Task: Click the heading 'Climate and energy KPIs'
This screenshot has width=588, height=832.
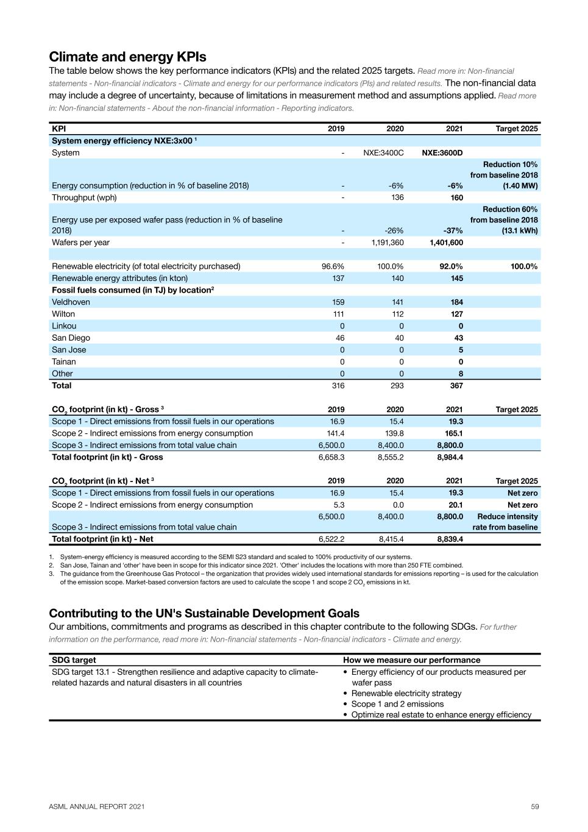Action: coord(127,57)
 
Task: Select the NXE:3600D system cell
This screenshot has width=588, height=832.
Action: coord(442,153)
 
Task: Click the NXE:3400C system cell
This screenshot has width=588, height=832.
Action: coord(383,153)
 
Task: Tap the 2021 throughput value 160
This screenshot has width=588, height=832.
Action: coord(456,197)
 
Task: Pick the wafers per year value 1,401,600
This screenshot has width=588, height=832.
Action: coord(446,243)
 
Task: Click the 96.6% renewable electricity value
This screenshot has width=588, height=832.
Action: coord(333,266)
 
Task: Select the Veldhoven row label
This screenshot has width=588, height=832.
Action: coord(71,302)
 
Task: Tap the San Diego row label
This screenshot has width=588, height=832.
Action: coord(71,338)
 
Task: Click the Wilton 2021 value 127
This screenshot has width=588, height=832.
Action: coord(456,314)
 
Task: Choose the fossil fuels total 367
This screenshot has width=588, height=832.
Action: coord(456,386)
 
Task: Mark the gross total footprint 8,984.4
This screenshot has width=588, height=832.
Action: coord(450,457)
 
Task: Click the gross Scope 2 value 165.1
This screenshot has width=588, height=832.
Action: coord(454,433)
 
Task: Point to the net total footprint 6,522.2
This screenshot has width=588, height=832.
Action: coord(331,539)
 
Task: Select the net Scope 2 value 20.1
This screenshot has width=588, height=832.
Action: coord(456,505)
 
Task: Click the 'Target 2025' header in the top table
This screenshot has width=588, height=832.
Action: coord(517,129)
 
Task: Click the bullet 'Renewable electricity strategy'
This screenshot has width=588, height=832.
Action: coord(406,694)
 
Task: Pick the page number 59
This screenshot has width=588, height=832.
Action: coord(535,806)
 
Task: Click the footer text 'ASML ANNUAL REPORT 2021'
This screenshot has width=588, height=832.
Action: coord(97,806)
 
